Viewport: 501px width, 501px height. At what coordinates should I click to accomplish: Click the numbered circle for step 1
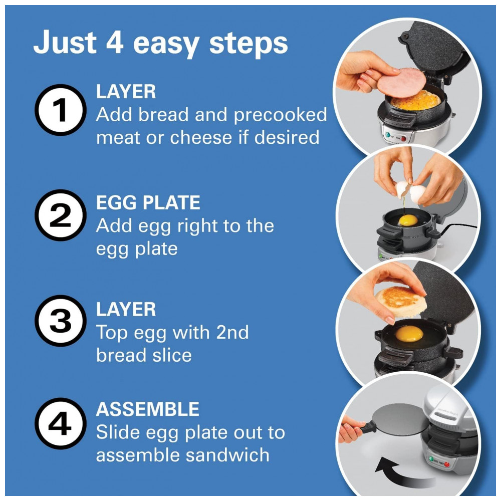[61, 110]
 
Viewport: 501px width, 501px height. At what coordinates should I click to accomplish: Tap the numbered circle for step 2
[61, 215]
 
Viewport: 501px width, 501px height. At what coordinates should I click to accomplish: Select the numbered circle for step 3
[61, 321]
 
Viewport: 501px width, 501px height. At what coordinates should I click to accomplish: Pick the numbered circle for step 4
[61, 424]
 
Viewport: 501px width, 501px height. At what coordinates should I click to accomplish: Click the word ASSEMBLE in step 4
[148, 409]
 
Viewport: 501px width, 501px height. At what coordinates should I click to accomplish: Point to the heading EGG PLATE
[148, 202]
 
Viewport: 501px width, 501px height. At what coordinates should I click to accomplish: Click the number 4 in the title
[115, 42]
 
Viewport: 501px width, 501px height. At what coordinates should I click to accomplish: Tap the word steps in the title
[248, 44]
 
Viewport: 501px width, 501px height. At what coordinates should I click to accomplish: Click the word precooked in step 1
[281, 115]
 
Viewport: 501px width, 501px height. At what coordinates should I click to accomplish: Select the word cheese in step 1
[201, 137]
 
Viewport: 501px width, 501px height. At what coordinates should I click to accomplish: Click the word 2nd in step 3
[232, 332]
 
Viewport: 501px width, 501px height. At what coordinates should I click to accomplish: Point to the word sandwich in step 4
[228, 455]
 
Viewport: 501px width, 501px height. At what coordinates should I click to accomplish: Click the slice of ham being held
[401, 83]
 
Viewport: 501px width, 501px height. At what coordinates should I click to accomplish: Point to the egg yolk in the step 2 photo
[408, 220]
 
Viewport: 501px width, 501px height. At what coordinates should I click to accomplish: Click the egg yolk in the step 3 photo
[409, 334]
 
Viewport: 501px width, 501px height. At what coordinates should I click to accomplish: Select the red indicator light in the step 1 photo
[403, 138]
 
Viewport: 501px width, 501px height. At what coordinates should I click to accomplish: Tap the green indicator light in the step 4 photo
[431, 459]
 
